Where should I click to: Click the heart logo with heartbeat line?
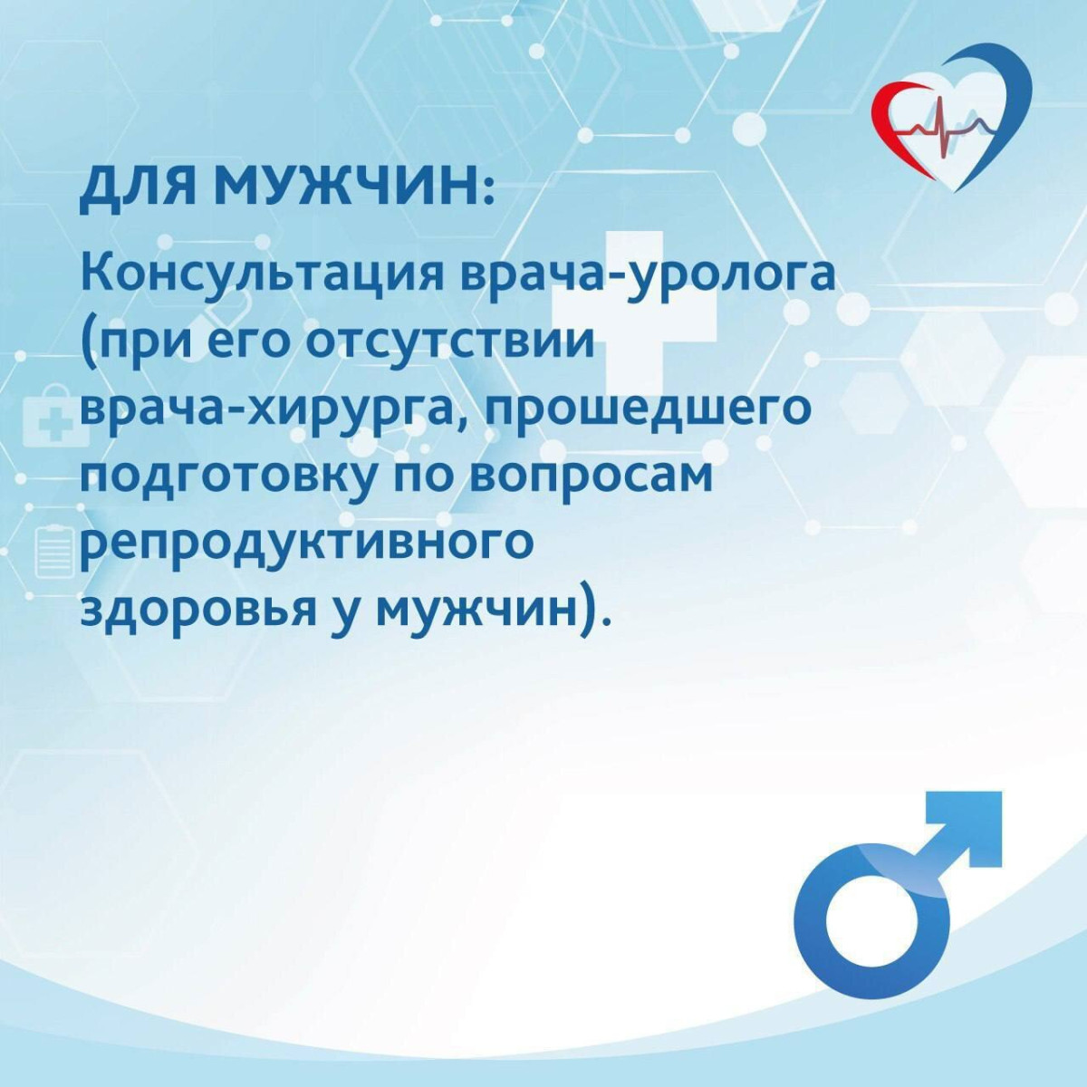(x=952, y=118)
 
